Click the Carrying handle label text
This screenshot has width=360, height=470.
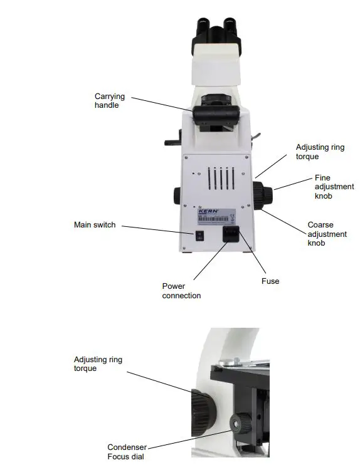coord(110,101)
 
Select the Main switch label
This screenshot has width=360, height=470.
coord(95,225)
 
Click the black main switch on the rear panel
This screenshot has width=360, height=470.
coord(200,237)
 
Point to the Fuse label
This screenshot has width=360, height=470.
coord(270,281)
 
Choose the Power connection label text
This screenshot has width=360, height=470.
coord(182,291)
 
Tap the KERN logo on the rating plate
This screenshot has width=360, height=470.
coord(208,212)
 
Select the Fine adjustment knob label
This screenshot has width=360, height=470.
coord(326,187)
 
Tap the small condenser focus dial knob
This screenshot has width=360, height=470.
coord(238,423)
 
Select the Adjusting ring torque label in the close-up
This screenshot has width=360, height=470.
coord(98,364)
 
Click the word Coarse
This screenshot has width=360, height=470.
coord(320,225)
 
